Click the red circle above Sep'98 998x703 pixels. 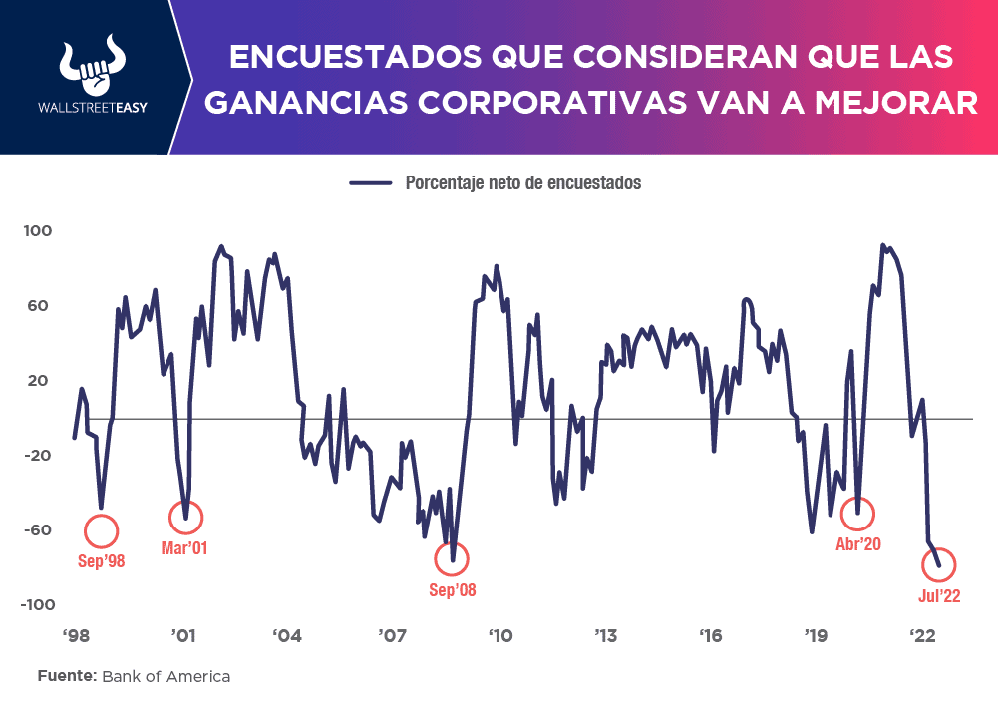[x=102, y=530]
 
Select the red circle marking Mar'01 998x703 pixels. [x=185, y=517]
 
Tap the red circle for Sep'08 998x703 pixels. [x=452, y=559]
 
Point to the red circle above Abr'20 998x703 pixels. [x=857, y=514]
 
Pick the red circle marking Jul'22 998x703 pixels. [x=939, y=565]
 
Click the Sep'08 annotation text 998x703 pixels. [x=453, y=590]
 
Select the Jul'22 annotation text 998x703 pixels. [x=939, y=596]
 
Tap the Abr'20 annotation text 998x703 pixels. [x=858, y=544]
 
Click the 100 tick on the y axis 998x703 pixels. [x=38, y=231]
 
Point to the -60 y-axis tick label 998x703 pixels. [x=38, y=529]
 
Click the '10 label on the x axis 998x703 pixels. [x=500, y=635]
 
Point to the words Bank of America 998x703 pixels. [x=166, y=677]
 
